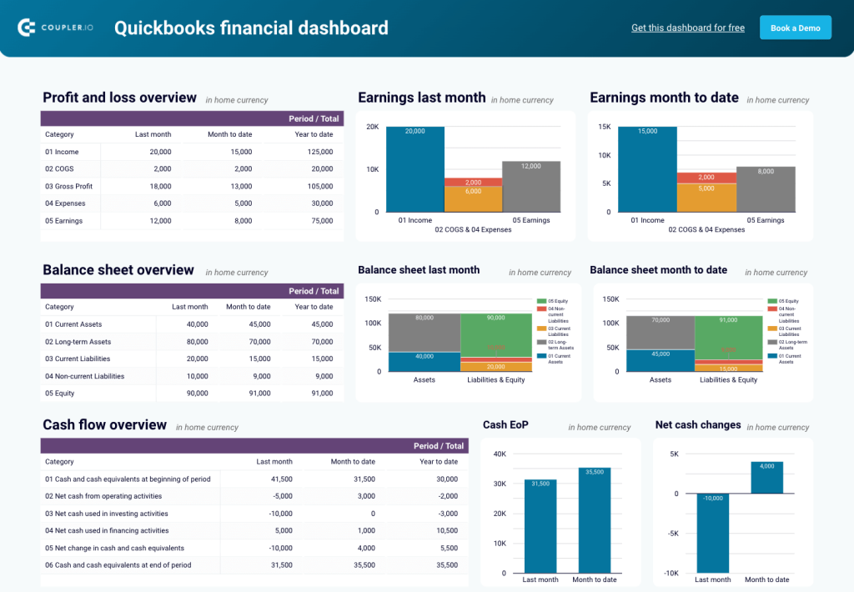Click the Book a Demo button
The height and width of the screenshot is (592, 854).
coord(795,28)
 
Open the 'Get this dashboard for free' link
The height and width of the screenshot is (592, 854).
coord(687,28)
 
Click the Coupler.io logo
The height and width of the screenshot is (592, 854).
coord(55,28)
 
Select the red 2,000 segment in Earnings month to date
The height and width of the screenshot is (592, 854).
coord(706,178)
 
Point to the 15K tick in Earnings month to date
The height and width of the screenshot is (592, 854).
coord(605,127)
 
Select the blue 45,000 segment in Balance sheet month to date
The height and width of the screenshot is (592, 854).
coord(660,360)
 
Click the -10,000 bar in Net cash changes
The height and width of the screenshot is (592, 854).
coord(713,533)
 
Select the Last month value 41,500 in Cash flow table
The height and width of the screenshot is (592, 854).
coord(275,479)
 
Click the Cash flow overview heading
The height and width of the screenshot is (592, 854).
coord(105,425)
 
